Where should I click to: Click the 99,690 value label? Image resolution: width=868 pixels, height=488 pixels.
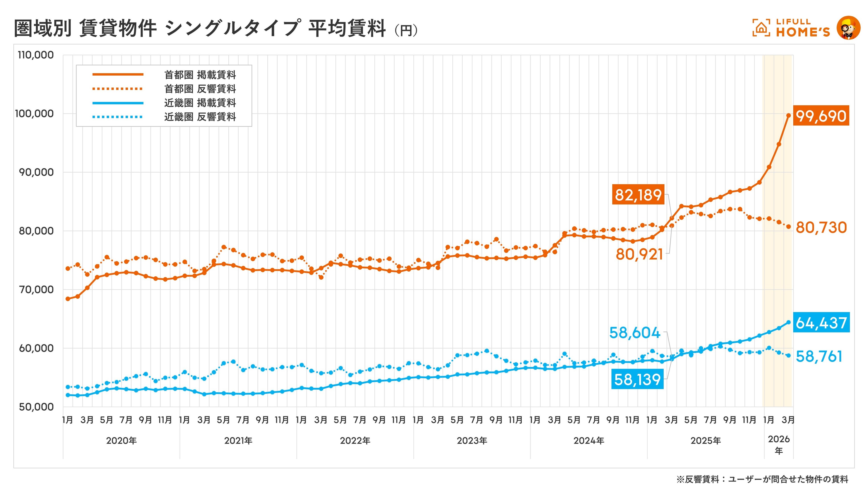click(821, 116)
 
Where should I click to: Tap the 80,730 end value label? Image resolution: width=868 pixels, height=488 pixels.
click(821, 228)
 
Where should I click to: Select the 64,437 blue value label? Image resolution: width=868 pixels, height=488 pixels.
click(821, 323)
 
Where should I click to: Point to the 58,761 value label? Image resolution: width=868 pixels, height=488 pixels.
click(819, 356)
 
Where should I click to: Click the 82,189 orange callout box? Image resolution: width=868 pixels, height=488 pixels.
click(638, 195)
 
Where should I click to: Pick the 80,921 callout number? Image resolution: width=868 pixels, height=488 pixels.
click(639, 254)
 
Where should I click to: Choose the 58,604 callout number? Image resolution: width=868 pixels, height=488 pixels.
click(635, 333)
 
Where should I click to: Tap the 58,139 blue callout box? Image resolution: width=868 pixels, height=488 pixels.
click(637, 379)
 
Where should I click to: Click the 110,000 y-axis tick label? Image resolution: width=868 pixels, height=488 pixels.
click(36, 55)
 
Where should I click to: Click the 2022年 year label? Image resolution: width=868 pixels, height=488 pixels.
click(355, 441)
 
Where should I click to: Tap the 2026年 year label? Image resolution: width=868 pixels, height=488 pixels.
click(778, 445)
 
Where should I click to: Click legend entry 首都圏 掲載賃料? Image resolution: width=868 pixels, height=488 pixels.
click(200, 75)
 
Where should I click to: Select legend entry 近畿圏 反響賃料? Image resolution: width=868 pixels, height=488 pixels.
click(200, 117)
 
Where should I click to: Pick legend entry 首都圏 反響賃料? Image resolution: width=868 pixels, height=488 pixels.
click(200, 89)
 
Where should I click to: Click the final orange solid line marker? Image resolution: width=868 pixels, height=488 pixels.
click(789, 115)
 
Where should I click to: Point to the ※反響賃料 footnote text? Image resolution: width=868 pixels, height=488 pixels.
click(762, 479)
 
